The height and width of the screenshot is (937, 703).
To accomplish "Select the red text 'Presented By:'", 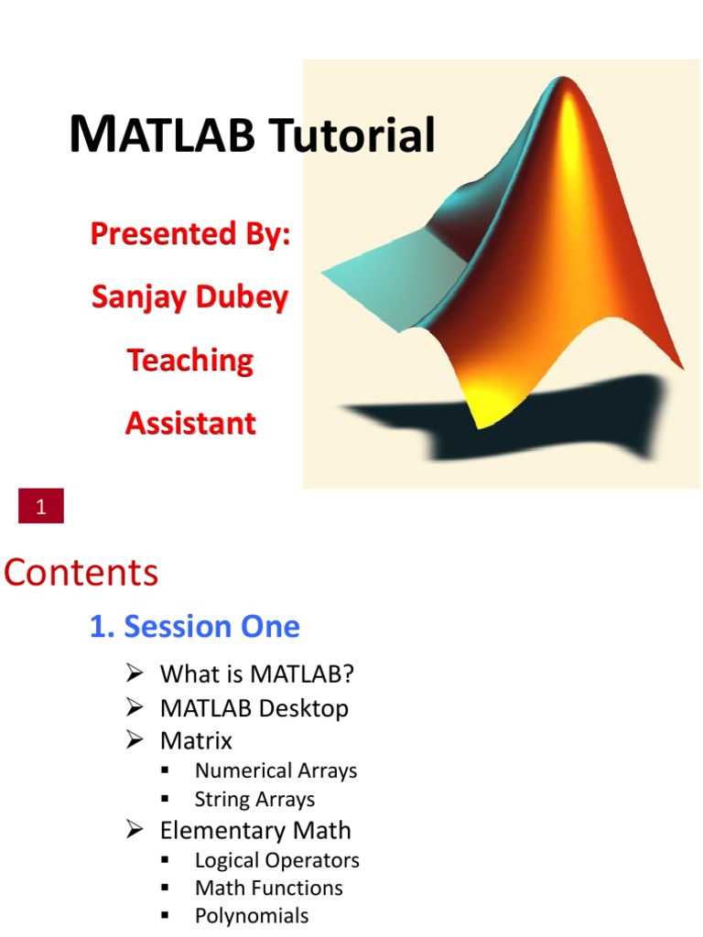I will tap(189, 234).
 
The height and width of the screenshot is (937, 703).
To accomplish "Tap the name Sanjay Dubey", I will tap(189, 297).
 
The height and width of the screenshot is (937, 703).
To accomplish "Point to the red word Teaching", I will tap(189, 361).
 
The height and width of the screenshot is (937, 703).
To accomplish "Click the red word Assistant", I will tap(190, 424).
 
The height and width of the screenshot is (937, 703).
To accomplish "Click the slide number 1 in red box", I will tap(41, 507).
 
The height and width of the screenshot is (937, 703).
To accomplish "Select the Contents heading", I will tap(81, 574).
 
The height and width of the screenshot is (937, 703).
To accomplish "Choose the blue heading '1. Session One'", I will tap(194, 627).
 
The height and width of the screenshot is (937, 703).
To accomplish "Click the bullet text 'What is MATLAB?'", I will tap(256, 675).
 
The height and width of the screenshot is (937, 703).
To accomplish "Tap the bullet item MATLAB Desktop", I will tap(254, 708).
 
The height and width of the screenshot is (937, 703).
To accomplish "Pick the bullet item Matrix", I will tap(196, 740).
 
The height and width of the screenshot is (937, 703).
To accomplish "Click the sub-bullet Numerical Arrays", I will tap(276, 770).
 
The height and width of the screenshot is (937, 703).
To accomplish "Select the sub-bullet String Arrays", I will tap(254, 800).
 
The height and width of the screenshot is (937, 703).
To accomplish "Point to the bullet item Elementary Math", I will tap(254, 831).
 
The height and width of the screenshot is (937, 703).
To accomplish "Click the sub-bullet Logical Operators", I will tap(276, 861).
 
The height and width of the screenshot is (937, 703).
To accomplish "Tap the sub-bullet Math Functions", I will tap(268, 889).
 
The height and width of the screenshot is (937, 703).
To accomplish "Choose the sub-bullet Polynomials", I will tap(252, 916).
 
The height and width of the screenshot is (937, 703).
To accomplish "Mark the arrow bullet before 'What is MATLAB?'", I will tap(135, 675).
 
